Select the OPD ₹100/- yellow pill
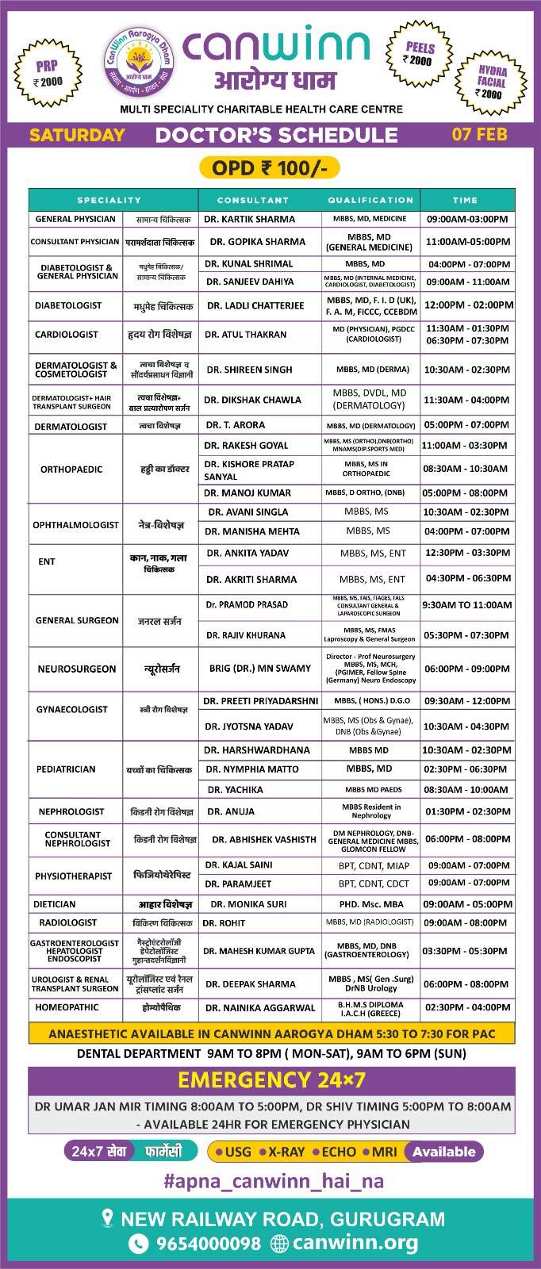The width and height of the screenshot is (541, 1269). click(x=269, y=168)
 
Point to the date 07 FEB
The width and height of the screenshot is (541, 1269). click(x=479, y=134)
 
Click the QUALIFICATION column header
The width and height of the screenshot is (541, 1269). click(x=370, y=200)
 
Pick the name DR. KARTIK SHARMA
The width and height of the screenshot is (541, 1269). click(x=249, y=219)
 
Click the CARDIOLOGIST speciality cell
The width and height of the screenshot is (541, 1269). click(x=67, y=335)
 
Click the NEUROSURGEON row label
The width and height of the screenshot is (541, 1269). click(x=76, y=669)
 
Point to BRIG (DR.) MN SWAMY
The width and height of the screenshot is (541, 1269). click(x=259, y=669)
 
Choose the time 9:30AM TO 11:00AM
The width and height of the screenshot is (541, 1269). click(x=467, y=605)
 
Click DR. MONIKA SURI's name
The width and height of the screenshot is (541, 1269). click(x=248, y=904)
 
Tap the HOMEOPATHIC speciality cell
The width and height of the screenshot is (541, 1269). click(x=67, y=1007)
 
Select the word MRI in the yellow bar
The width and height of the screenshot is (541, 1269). click(x=384, y=1152)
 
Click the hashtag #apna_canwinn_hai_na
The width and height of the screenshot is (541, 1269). click(x=273, y=1181)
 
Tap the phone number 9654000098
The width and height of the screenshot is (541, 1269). click(x=208, y=1244)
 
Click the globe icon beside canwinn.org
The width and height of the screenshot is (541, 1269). click(x=279, y=1244)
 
